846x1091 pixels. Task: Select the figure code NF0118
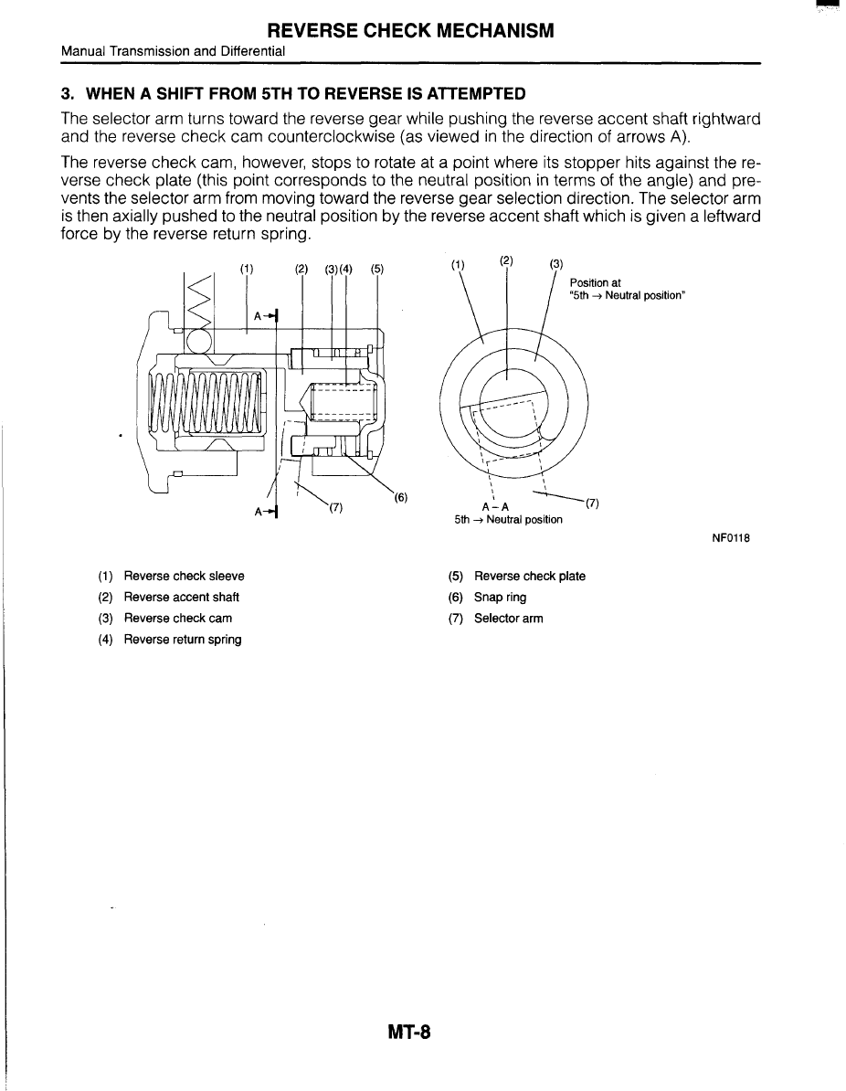[731, 538]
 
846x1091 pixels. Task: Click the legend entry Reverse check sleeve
[184, 577]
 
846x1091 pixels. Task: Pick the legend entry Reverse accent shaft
[181, 598]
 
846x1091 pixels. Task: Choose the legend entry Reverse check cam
[177, 619]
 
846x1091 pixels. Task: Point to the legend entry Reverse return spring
[183, 640]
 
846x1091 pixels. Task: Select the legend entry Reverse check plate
[530, 577]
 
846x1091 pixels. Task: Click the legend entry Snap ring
[500, 598]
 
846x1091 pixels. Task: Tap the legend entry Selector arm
[508, 619]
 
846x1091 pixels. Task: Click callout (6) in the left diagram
[400, 498]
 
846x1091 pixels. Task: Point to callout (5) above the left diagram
[377, 269]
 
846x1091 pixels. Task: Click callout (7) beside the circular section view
[592, 503]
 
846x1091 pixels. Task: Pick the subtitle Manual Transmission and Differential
[173, 51]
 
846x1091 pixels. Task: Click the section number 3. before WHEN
[67, 93]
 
